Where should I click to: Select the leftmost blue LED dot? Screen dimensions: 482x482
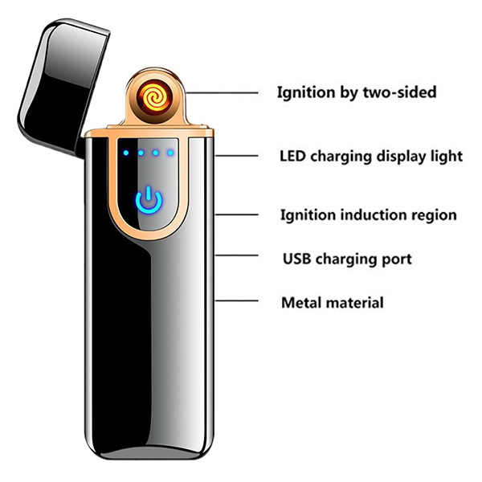click(x=127, y=152)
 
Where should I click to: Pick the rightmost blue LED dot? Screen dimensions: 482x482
click(x=170, y=152)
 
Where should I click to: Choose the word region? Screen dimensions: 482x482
click(x=434, y=215)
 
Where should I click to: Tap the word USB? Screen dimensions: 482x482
click(x=296, y=259)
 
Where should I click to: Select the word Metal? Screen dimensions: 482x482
click(x=299, y=303)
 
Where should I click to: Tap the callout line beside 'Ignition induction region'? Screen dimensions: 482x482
click(x=238, y=214)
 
